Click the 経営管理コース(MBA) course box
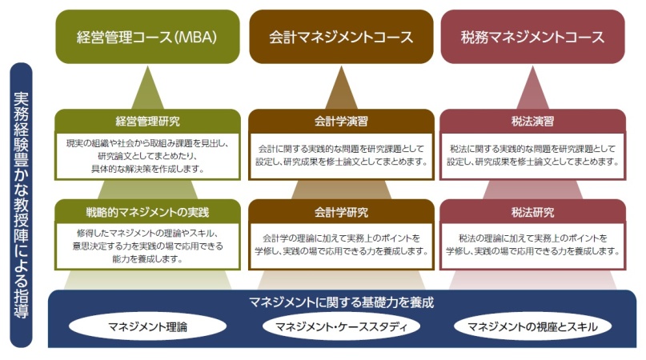click(x=147, y=37)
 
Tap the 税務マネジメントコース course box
click(x=532, y=37)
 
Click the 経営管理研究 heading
click(x=147, y=122)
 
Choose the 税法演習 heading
click(x=532, y=122)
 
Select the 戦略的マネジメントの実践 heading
click(x=147, y=212)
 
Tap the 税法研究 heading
click(x=532, y=212)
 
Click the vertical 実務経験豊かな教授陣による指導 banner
click(x=21, y=205)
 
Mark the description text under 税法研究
click(x=532, y=244)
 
